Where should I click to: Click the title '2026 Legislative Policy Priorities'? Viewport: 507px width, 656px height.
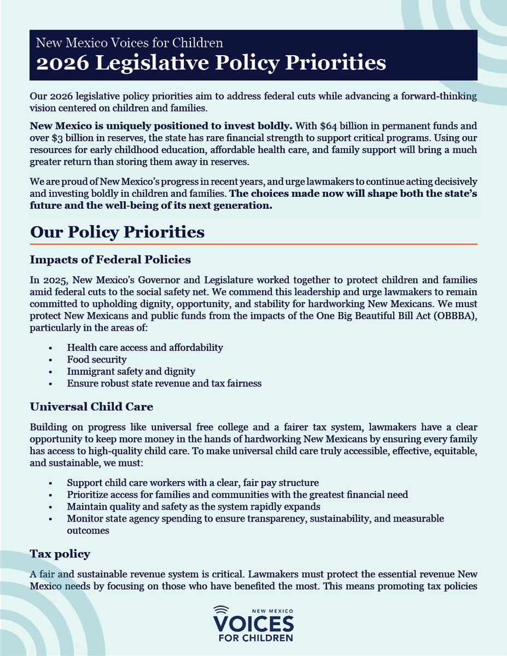point(208,63)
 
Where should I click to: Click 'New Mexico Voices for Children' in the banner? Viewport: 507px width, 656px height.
point(129,42)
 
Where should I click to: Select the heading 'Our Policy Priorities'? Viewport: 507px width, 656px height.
point(117,232)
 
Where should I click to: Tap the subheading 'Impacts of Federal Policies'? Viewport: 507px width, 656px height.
point(110,259)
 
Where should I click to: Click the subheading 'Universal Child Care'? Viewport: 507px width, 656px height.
point(91,407)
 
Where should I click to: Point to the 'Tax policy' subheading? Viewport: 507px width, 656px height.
point(60,554)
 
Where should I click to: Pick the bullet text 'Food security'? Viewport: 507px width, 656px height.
point(97,360)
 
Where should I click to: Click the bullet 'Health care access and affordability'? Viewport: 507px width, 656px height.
point(144,348)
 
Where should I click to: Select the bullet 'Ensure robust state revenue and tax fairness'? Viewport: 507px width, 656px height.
point(164,383)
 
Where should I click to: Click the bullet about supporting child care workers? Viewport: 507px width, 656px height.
point(193,483)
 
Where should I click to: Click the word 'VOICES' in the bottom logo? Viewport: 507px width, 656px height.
point(253,623)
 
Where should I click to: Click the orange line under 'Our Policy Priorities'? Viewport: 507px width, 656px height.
point(254,244)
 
